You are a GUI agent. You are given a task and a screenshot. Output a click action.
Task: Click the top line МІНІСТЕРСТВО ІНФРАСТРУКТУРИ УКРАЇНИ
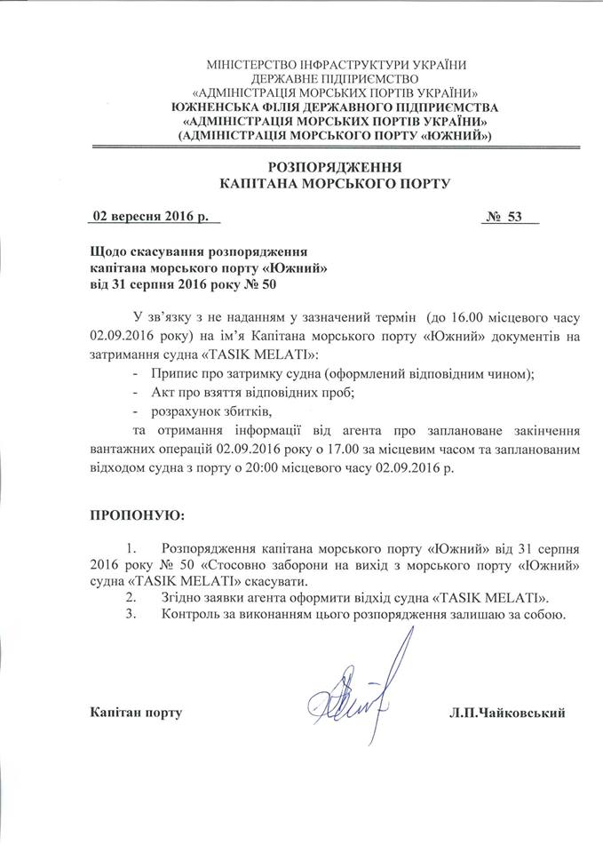point(336,65)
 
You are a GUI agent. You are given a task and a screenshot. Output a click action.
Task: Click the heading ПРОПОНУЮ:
point(139,514)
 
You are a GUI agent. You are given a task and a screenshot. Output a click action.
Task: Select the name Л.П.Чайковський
point(508,713)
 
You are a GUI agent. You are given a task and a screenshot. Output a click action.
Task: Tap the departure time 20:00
point(272,468)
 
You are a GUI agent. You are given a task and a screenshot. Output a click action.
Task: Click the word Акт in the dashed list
point(163,392)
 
